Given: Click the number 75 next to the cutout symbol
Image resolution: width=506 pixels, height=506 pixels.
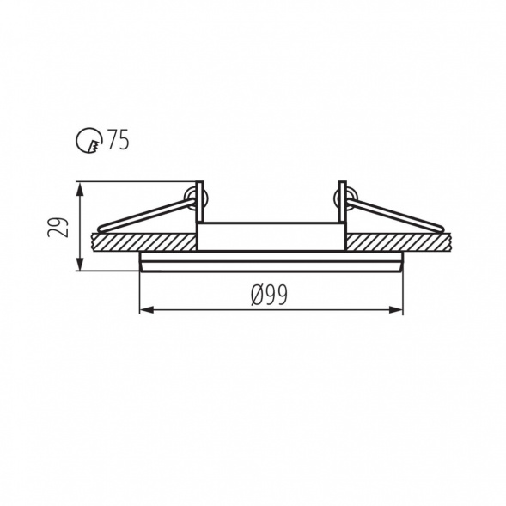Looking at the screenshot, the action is tap(119, 139).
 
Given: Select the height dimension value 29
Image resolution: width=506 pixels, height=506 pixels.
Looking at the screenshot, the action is tap(58, 228).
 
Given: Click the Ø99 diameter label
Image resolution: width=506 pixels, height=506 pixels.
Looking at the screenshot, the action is tap(269, 295).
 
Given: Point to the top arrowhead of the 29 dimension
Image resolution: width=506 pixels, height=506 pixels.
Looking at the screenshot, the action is tap(81, 188).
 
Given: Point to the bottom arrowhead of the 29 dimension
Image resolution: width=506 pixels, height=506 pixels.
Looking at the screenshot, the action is tap(81, 264).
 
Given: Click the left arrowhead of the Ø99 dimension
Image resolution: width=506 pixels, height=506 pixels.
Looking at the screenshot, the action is tap(146, 310).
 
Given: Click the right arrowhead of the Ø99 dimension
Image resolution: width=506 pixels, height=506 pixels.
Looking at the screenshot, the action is tap(396, 310).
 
